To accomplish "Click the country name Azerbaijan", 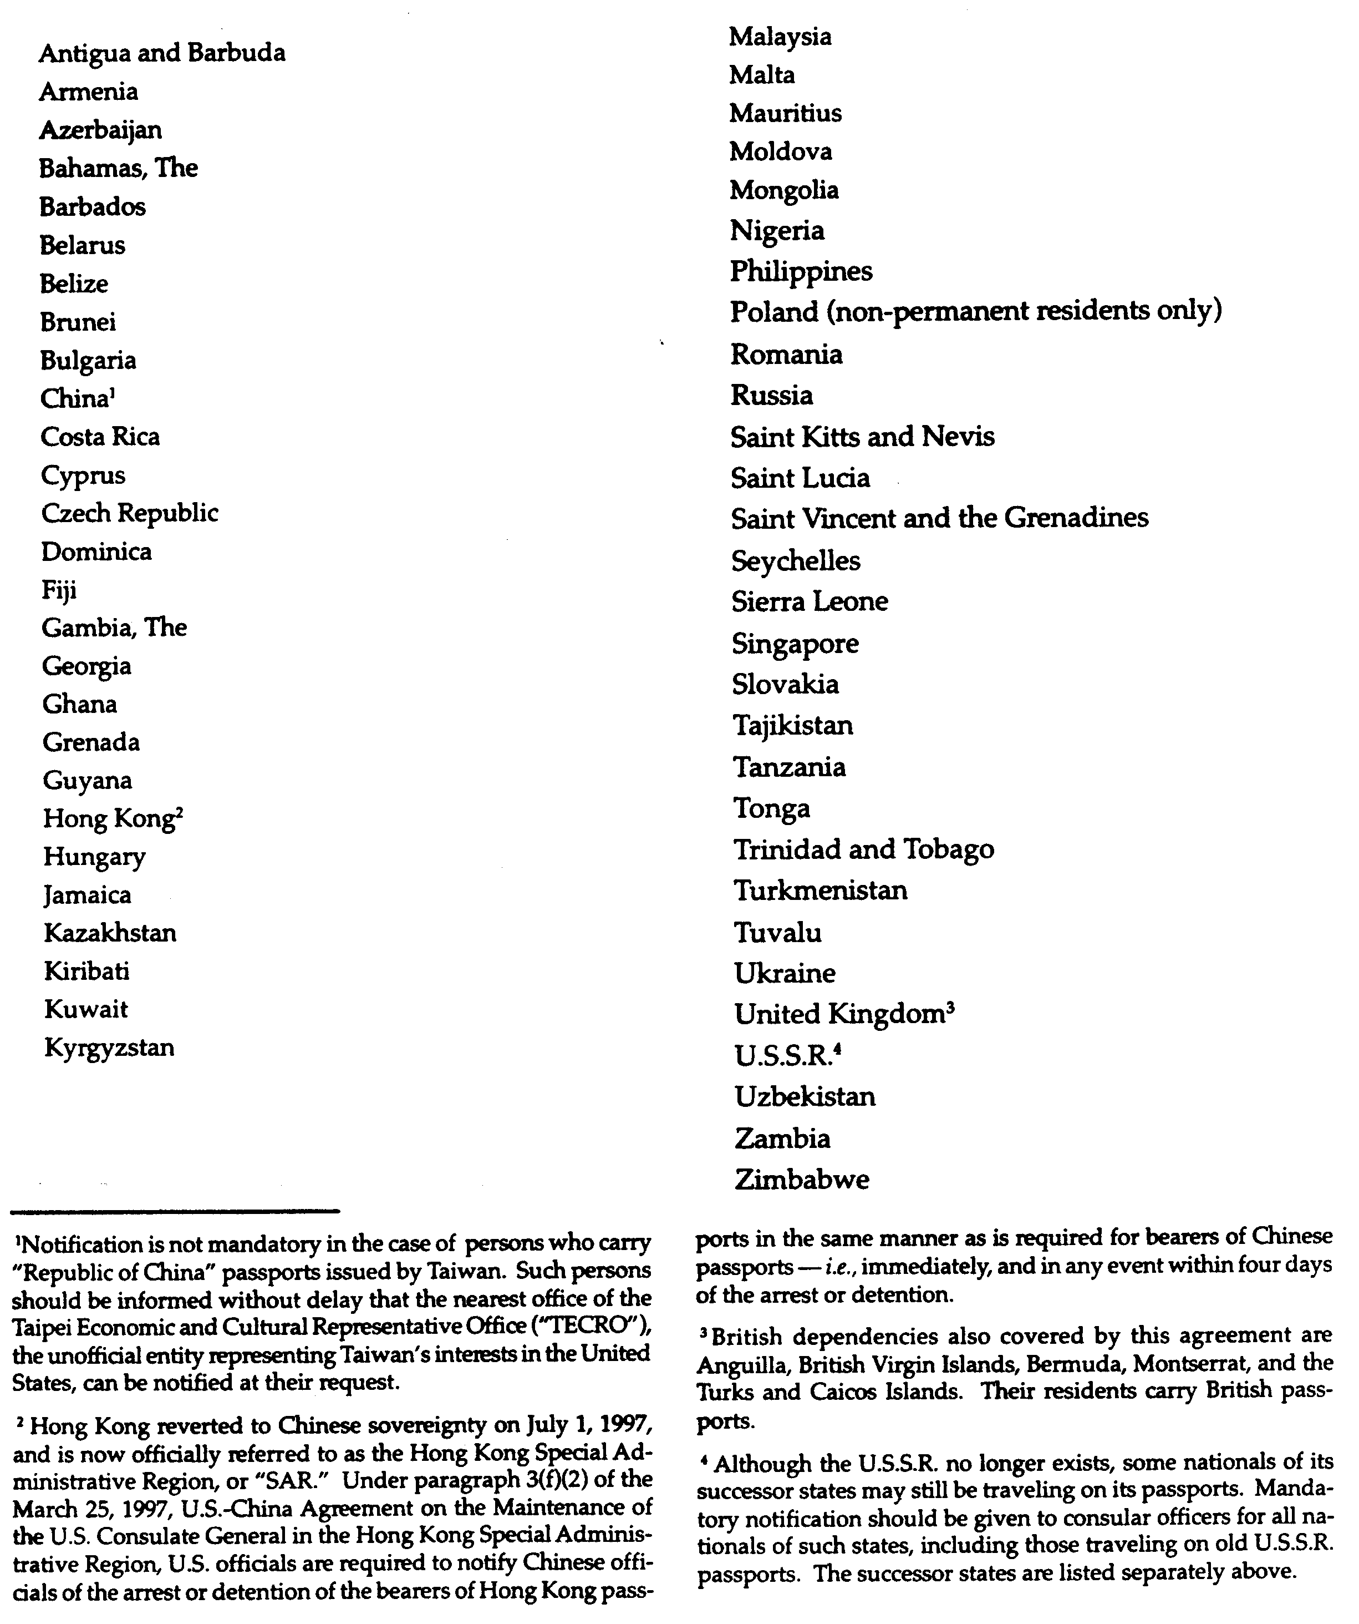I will click(100, 130).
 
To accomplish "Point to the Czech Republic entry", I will click(130, 513).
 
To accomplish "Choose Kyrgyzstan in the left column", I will click(109, 1049).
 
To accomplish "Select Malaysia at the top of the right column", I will click(780, 37).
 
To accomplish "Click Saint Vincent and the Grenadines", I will click(939, 518).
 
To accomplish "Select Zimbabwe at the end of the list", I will click(802, 1180).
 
